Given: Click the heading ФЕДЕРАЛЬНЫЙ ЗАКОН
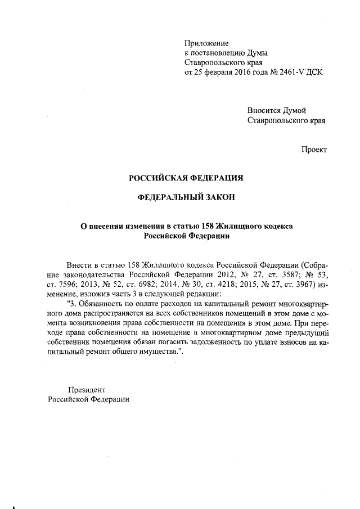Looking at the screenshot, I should [186, 197].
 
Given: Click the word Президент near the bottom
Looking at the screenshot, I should [86, 389].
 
